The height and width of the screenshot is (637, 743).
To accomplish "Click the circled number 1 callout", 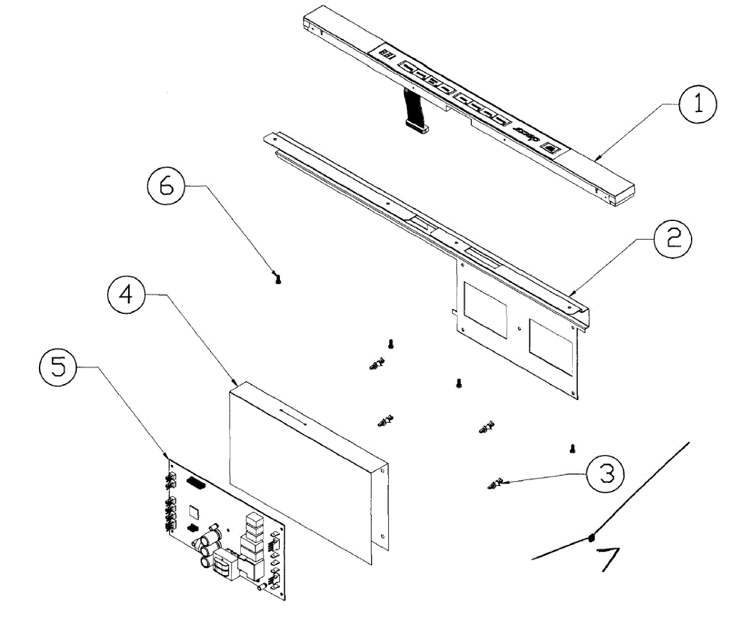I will coord(698,104).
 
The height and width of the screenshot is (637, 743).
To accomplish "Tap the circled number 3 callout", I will coord(605,474).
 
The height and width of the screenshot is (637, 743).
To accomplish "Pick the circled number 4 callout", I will coord(126,295).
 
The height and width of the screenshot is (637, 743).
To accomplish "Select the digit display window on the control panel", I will coord(387,55).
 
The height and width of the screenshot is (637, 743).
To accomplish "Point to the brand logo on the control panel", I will coord(523,132).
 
